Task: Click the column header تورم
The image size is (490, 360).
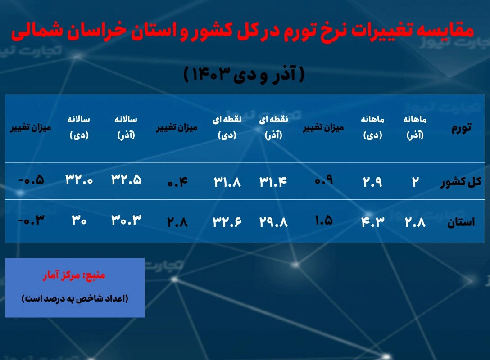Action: (461, 128)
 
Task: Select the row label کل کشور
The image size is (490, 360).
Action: (461, 182)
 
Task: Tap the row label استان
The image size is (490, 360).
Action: (461, 222)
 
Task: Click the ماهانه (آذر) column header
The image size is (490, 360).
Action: (415, 127)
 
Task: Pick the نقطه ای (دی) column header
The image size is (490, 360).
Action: (227, 127)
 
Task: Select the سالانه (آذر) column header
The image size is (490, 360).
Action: (126, 127)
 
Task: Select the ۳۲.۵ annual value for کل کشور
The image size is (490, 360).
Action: (126, 180)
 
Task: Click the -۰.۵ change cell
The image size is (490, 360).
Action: (31, 180)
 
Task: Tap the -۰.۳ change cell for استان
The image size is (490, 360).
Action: (31, 220)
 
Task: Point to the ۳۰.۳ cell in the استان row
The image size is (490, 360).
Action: (126, 220)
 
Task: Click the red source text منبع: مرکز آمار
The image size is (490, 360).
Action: (74, 275)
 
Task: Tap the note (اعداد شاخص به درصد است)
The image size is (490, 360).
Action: (75, 298)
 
